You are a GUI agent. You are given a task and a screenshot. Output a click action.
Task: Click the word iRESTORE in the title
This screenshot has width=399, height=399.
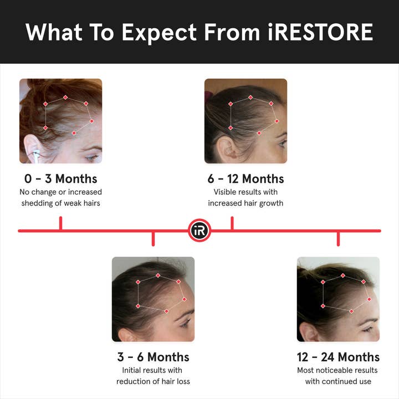click(317, 33)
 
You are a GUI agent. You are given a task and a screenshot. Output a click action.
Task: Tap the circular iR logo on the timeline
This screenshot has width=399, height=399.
click(199, 231)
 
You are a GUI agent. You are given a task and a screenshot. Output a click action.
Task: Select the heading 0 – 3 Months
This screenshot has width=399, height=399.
click(60, 178)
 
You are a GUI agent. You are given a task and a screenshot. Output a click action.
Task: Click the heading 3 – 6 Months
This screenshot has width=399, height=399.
click(153, 356)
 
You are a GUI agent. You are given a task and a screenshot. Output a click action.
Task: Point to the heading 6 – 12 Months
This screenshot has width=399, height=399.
click(245, 178)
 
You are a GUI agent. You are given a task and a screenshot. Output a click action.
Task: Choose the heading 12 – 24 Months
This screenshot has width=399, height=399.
click(338, 356)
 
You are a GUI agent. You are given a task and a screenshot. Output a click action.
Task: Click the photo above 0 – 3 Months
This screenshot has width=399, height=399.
click(60, 121)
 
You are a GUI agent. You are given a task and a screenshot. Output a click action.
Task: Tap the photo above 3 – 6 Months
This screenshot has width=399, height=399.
click(153, 299)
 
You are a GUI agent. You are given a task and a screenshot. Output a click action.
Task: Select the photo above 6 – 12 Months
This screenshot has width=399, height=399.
click(245, 121)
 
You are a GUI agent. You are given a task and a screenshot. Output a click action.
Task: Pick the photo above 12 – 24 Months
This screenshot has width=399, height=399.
click(338, 299)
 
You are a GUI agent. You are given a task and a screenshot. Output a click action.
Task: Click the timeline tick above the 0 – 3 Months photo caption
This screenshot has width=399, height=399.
click(60, 223)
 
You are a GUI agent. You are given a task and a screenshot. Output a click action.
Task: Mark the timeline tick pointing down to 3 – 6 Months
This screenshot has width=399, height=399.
click(153, 238)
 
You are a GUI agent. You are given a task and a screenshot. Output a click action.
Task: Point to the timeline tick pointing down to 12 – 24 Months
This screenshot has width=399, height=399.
click(338, 238)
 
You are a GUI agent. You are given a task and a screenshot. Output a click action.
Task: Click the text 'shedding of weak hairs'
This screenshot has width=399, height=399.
click(60, 203)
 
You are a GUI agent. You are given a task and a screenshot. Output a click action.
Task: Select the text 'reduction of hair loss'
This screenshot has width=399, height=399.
click(153, 381)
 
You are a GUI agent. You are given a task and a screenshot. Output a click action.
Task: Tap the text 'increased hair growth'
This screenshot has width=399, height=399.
click(245, 203)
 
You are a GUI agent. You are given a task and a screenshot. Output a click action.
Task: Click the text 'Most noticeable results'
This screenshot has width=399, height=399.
click(338, 370)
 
